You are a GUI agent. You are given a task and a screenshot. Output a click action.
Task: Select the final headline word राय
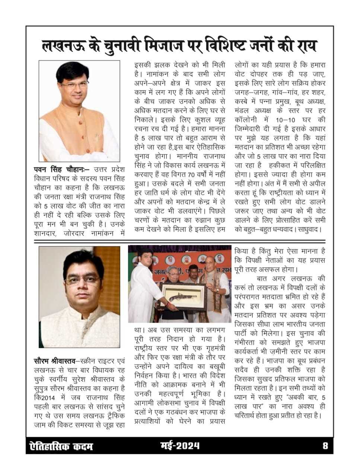pyautogui.click(x=303, y=46)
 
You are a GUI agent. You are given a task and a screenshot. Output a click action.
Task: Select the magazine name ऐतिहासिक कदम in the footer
pyautogui.click(x=61, y=446)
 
